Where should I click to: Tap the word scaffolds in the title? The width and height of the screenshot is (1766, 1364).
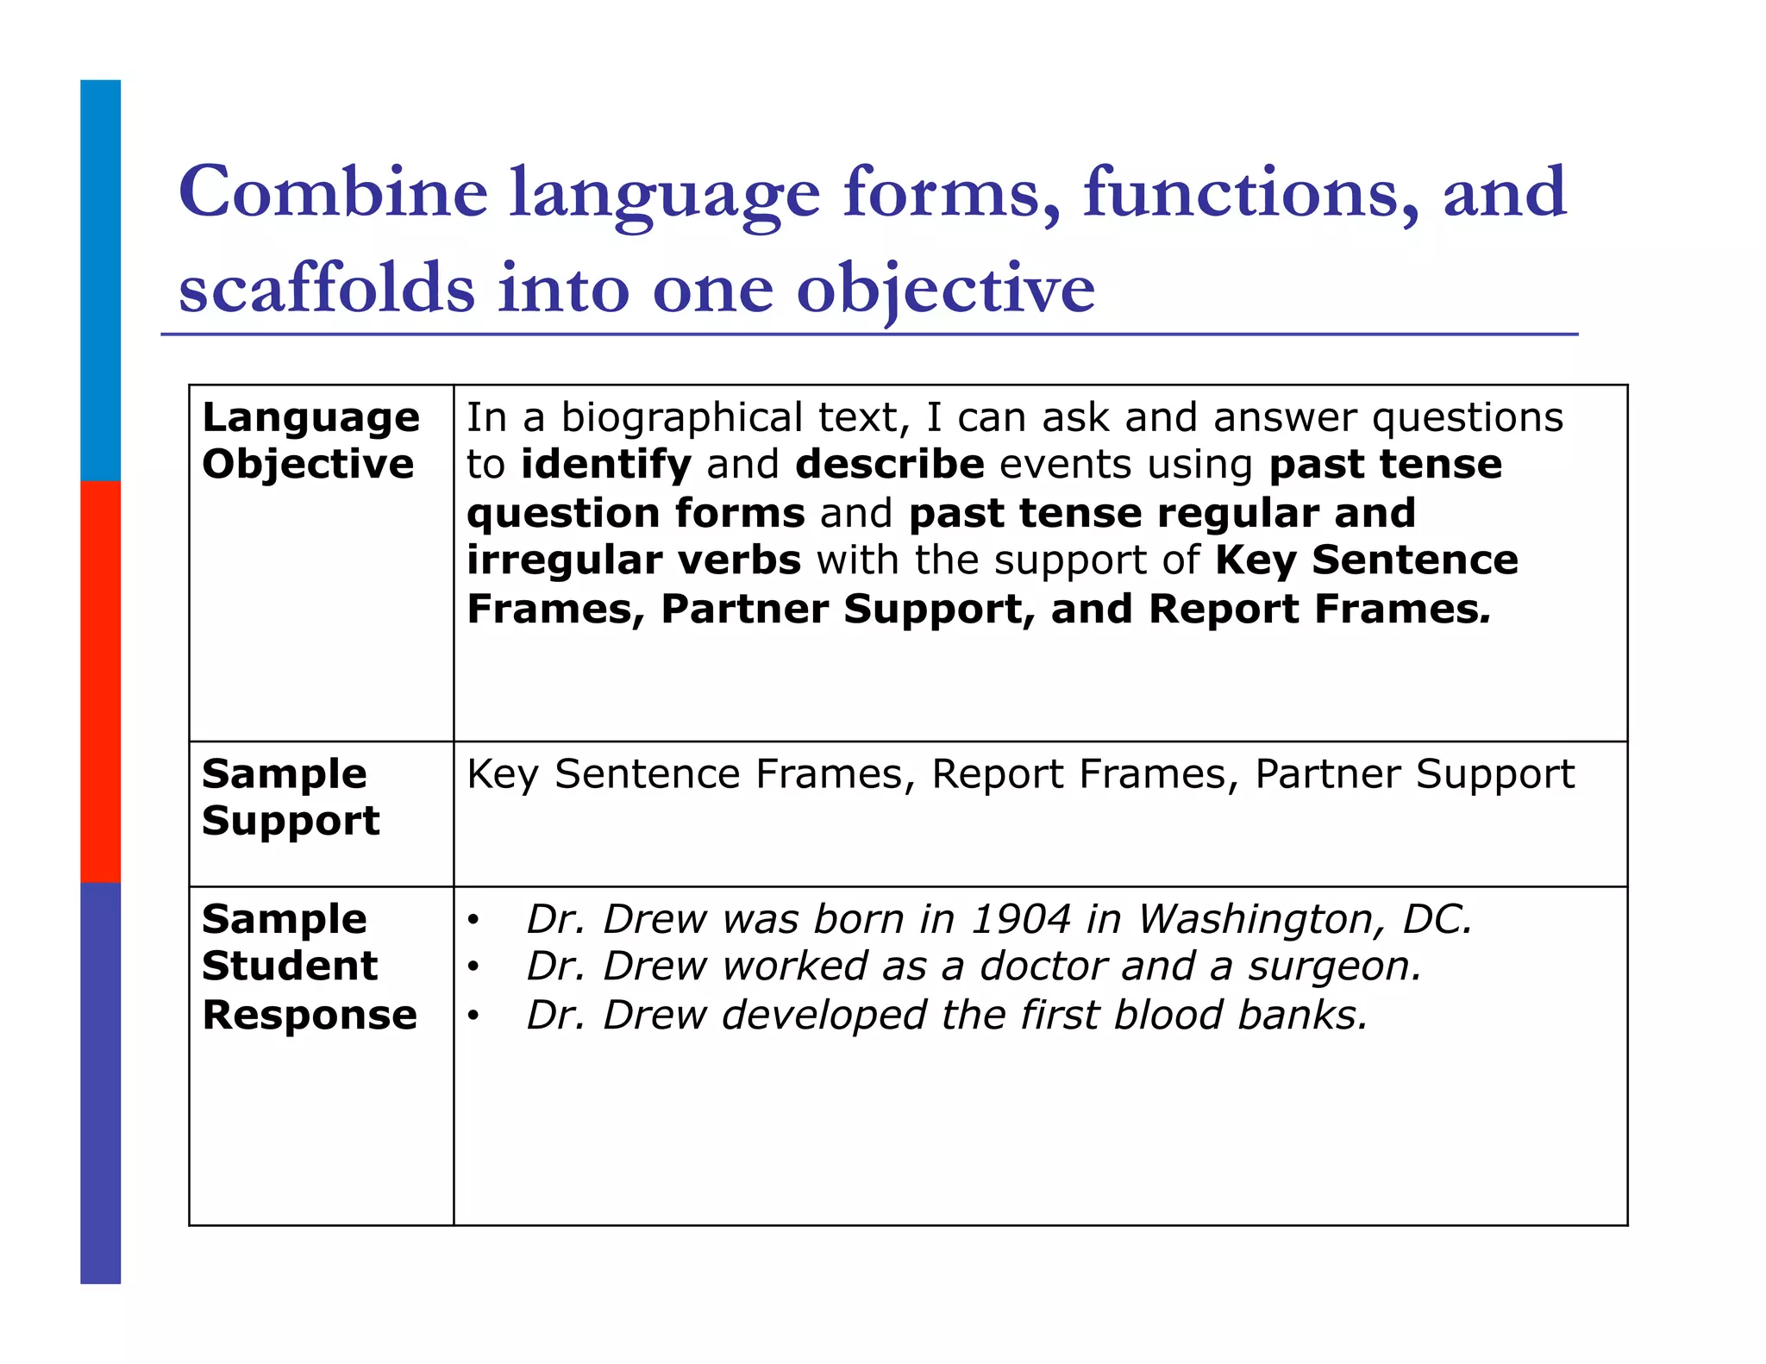[x=327, y=288]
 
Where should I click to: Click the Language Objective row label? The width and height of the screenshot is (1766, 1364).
[x=310, y=441]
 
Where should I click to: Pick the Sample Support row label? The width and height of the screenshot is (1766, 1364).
[x=291, y=797]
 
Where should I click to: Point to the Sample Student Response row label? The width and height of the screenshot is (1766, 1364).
[x=310, y=967]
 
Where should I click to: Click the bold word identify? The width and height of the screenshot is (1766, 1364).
[x=606, y=465]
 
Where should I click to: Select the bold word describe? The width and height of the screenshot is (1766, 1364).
[x=889, y=465]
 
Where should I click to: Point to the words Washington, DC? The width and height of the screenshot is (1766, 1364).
[x=1305, y=919]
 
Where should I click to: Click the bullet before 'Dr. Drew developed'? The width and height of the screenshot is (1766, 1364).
[x=473, y=1017]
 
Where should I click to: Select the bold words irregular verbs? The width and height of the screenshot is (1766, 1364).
[x=634, y=560]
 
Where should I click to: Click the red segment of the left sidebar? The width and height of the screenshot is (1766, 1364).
[x=101, y=681]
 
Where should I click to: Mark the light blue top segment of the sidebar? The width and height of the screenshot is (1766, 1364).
[x=101, y=280]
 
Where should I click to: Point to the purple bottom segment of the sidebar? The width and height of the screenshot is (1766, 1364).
[x=101, y=1082]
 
